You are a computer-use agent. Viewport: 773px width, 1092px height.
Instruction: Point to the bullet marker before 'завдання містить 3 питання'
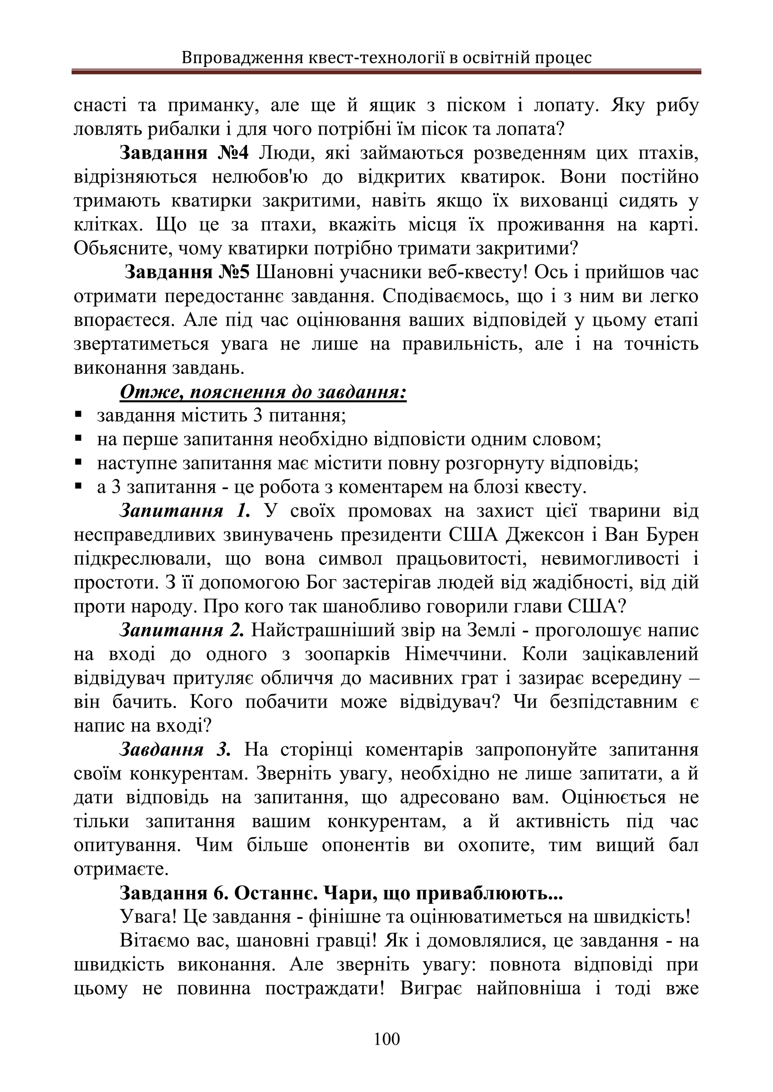pyautogui.click(x=79, y=415)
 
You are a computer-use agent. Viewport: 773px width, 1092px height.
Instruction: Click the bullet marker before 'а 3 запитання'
pyautogui.click(x=79, y=486)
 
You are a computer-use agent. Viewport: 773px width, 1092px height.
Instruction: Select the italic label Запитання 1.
pyautogui.click(x=184, y=511)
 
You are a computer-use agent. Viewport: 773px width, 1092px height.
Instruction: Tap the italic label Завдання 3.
pyautogui.click(x=175, y=750)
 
